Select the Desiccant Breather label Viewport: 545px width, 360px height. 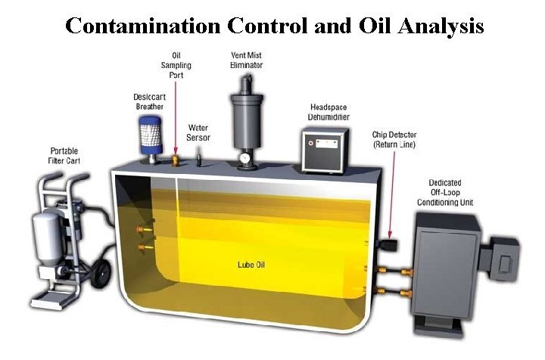point(149,102)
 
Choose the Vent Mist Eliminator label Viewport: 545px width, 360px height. point(245,61)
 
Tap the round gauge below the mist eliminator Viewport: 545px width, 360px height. point(244,159)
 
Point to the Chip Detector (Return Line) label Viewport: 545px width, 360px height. point(395,138)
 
